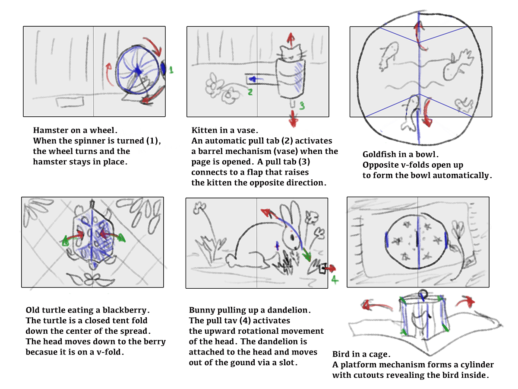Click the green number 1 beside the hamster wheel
(171, 69)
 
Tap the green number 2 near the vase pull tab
(250, 92)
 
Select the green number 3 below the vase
(302, 105)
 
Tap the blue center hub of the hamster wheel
(138, 70)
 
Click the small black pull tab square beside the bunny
(321, 270)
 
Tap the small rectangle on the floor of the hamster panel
(66, 102)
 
